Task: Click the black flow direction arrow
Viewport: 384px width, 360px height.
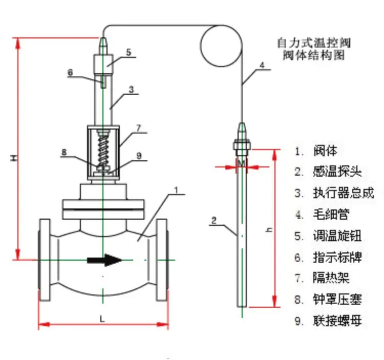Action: coord(104,260)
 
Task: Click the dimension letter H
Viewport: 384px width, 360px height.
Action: coord(15,159)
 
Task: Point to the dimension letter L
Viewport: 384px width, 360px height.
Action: coord(102,319)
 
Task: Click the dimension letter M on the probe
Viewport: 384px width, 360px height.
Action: coord(241,163)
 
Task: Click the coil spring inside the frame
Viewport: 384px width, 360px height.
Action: coord(104,149)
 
